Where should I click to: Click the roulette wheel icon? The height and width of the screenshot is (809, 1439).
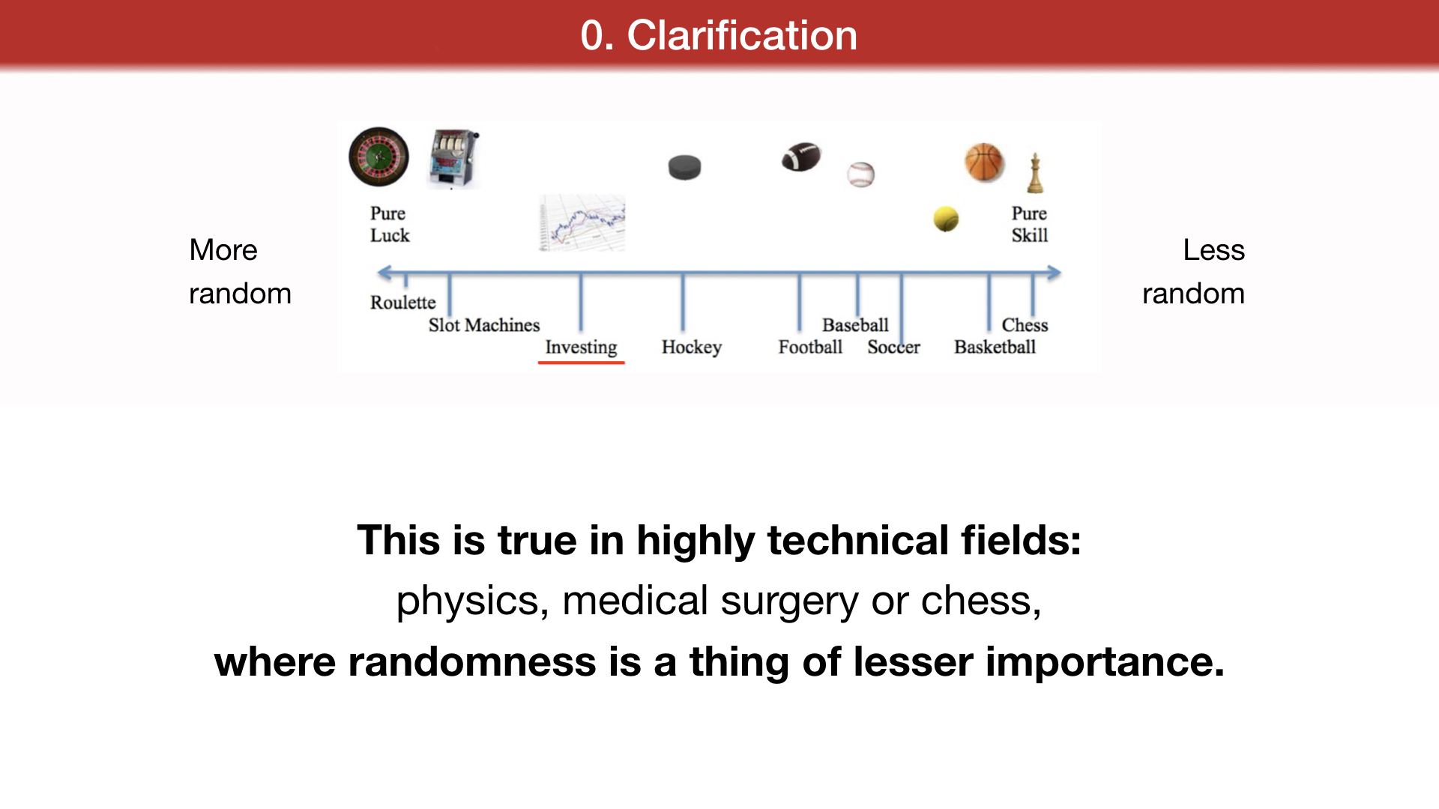pyautogui.click(x=379, y=157)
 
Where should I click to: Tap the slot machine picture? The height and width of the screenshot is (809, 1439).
pyautogui.click(x=453, y=159)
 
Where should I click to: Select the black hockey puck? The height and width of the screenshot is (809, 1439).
pyautogui.click(x=684, y=167)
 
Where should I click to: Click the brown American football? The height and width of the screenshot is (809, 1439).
pyautogui.click(x=801, y=157)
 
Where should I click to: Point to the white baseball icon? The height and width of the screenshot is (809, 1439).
pyautogui.click(x=861, y=175)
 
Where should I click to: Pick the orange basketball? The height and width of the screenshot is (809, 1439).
pyautogui.click(x=984, y=163)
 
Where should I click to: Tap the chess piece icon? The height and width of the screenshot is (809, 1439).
pyautogui.click(x=1035, y=172)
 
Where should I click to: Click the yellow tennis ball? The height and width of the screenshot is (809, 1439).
pyautogui.click(x=946, y=219)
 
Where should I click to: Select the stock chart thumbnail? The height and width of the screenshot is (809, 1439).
pyautogui.click(x=582, y=222)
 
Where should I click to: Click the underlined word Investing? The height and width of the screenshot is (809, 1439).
pyautogui.click(x=581, y=347)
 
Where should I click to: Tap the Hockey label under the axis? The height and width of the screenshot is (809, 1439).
pyautogui.click(x=692, y=347)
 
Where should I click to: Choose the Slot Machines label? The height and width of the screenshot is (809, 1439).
pyautogui.click(x=484, y=325)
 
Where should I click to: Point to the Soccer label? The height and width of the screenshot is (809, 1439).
pyautogui.click(x=893, y=347)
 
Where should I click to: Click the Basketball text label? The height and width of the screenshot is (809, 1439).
pyautogui.click(x=995, y=347)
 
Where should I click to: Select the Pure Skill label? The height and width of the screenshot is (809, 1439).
pyautogui.click(x=1030, y=224)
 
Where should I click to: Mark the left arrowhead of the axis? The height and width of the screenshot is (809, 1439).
pyautogui.click(x=384, y=273)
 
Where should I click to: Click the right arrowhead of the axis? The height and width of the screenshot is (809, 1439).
pyautogui.click(x=1054, y=273)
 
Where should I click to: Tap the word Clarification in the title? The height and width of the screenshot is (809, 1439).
pyautogui.click(x=742, y=35)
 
